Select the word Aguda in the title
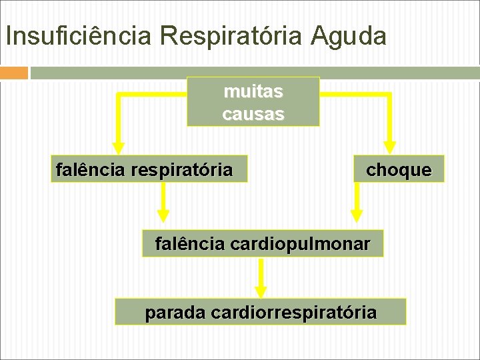(348, 35)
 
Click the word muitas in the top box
(253, 91)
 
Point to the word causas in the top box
(253, 114)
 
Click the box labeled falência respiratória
(149, 169)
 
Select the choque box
(398, 169)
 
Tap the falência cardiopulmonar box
(263, 244)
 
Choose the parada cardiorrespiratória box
(260, 311)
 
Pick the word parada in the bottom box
(175, 311)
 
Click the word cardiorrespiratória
(293, 311)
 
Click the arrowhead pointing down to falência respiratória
(118, 147)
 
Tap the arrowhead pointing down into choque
(390, 147)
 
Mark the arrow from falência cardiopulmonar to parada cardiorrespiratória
(261, 277)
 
